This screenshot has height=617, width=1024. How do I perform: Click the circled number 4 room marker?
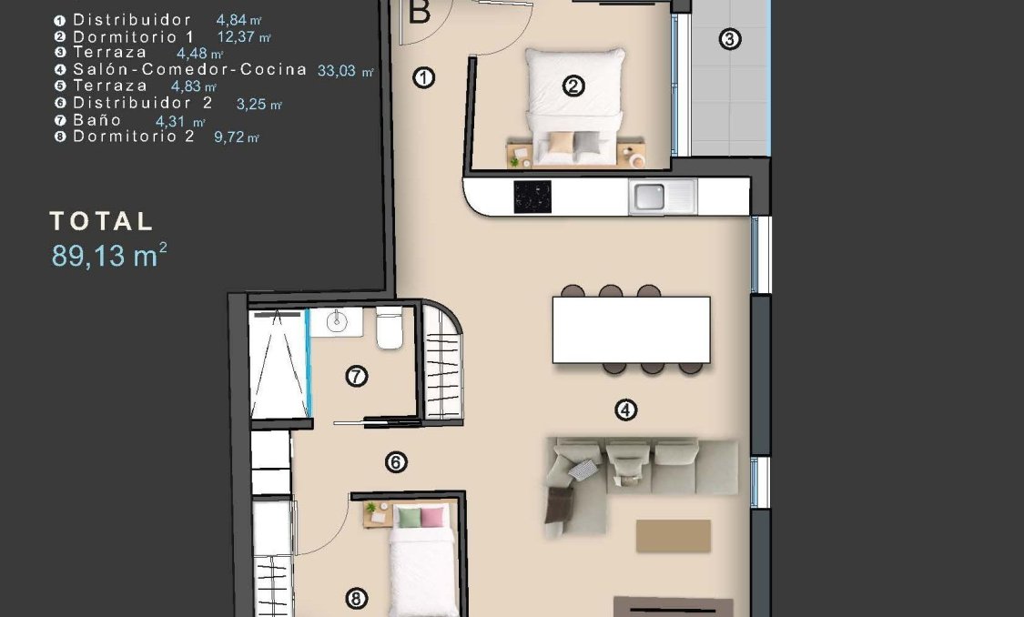coord(625,410)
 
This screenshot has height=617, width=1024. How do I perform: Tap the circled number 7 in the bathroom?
coord(357,375)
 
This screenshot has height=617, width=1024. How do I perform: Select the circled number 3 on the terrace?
coord(728,39)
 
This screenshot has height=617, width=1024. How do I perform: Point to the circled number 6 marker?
coord(395,462)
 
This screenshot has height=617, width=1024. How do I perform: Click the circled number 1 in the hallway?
coord(423,78)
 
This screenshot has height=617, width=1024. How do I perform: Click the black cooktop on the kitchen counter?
coord(532,197)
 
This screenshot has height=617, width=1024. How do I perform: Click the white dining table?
coord(631,329)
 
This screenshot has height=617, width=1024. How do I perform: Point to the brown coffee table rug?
coord(673,536)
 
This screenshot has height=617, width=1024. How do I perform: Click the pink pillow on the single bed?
coord(431,517)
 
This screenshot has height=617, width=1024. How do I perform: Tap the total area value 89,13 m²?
coord(109,256)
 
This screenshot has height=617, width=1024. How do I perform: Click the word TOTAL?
coord(102,221)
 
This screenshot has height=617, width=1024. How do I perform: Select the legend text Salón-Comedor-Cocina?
coord(189,69)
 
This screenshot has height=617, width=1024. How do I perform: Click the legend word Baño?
coord(97,120)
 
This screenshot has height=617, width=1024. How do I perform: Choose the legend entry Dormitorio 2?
coord(133,137)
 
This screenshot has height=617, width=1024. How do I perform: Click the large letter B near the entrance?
coord(420,12)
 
